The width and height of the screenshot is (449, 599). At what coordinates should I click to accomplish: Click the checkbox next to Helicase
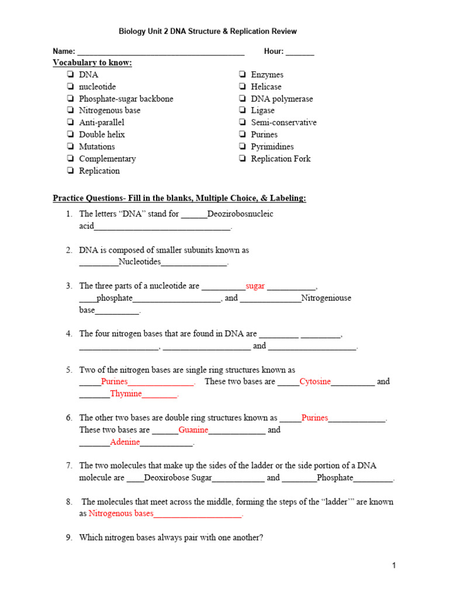[242, 87]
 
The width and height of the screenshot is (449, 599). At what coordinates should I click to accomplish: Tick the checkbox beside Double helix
[70, 135]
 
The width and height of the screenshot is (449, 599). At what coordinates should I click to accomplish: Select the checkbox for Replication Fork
[242, 159]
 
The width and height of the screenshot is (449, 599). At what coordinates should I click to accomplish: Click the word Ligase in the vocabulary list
[263, 111]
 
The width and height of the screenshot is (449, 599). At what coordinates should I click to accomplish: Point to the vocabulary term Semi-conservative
[284, 123]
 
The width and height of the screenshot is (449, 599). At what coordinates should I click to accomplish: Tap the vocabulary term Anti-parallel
[102, 123]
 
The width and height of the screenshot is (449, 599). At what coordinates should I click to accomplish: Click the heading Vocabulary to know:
[92, 63]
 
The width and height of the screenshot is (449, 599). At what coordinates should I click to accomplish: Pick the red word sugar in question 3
[255, 286]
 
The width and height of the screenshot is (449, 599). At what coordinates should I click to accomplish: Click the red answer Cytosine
[315, 382]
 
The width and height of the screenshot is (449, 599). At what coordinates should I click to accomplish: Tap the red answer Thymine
[126, 394]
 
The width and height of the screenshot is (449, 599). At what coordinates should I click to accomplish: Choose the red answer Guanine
[194, 430]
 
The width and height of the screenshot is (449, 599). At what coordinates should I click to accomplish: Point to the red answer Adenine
[125, 442]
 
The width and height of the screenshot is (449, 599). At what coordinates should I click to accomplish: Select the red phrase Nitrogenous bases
[121, 514]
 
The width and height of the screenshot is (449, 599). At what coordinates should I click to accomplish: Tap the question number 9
[68, 538]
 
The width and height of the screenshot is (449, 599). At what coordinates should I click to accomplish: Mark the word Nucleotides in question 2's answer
[139, 262]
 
